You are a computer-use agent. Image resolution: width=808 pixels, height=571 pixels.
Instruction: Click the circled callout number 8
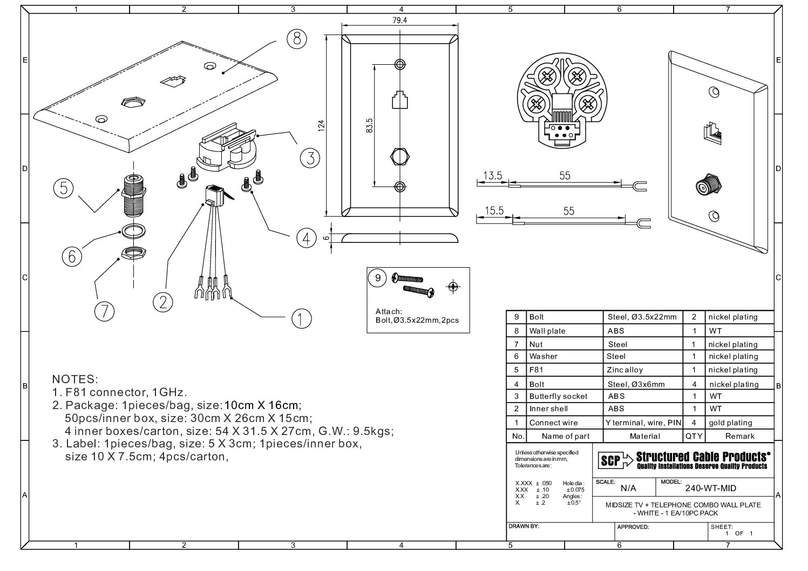[x=296, y=39]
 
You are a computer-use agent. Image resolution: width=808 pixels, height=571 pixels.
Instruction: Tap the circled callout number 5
[x=64, y=188]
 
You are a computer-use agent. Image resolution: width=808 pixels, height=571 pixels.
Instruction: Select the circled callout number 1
[x=301, y=318]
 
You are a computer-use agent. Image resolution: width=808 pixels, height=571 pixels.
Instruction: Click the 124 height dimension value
[x=322, y=126]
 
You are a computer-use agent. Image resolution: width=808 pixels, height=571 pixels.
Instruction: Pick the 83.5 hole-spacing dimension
[x=370, y=126]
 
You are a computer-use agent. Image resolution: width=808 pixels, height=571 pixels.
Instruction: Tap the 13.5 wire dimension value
[x=492, y=176]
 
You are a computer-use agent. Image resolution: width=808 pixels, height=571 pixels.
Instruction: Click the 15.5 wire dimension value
[x=493, y=211]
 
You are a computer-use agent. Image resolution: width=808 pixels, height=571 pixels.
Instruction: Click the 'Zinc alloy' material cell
[x=624, y=370]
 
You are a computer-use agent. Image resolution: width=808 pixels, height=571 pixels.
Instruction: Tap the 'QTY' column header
[x=694, y=436]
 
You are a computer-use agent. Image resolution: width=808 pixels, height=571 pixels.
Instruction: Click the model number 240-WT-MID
[x=710, y=488]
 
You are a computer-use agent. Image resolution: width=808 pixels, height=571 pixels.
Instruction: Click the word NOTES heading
[x=74, y=379]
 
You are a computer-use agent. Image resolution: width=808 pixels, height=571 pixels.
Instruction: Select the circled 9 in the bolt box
[x=378, y=278]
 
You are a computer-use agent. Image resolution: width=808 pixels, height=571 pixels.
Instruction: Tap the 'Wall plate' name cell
[x=547, y=331]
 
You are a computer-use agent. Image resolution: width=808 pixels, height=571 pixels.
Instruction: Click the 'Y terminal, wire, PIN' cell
[x=643, y=423]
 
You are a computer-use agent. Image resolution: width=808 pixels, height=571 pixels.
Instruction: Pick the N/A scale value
[x=628, y=488]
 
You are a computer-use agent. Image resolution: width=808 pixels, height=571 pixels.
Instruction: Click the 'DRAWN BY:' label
[x=524, y=525]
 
